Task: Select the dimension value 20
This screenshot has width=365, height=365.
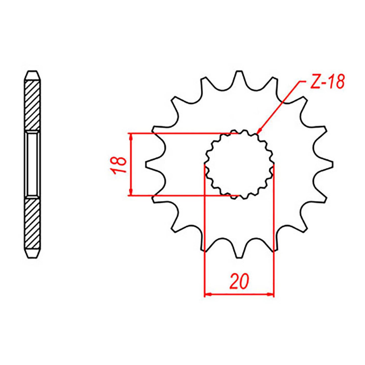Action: [x=239, y=281]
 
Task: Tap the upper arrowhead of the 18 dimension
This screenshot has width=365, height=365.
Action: [x=131, y=136]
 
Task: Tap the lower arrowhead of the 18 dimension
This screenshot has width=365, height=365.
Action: [x=131, y=192]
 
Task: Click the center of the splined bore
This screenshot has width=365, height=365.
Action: [x=239, y=164]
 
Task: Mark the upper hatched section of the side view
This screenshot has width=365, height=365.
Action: [x=33, y=105]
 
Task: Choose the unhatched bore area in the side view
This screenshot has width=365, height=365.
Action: [x=33, y=164]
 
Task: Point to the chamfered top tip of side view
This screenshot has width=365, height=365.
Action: [x=33, y=75]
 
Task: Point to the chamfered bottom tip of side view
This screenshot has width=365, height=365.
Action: [x=33, y=254]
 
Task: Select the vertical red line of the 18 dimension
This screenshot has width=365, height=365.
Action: [x=131, y=164]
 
